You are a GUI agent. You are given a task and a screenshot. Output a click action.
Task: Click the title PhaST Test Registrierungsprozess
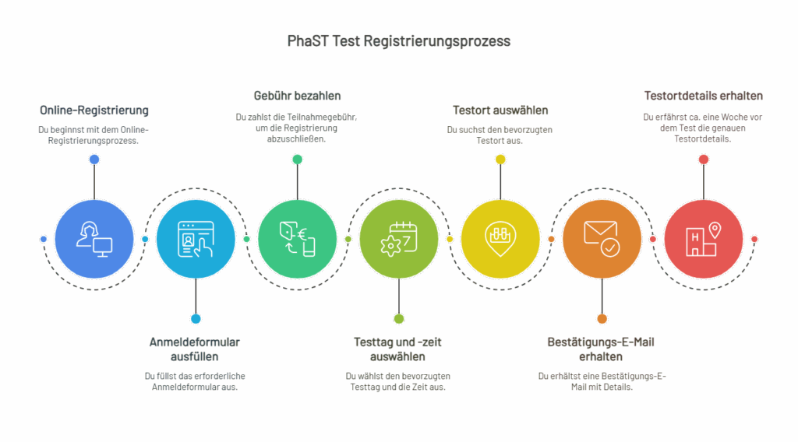(398, 40)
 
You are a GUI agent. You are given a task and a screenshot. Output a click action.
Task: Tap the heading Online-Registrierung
(94, 110)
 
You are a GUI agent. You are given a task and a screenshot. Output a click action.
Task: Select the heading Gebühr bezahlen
(297, 96)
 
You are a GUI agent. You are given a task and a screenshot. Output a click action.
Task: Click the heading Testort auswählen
(500, 110)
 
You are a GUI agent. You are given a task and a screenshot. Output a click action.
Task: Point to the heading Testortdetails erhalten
(704, 96)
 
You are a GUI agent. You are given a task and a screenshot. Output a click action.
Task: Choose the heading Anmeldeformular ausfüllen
(194, 349)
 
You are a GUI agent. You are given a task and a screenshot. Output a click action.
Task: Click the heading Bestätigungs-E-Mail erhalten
(601, 349)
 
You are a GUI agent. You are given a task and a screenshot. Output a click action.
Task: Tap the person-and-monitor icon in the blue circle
(94, 240)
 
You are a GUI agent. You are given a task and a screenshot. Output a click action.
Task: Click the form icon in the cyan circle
(196, 240)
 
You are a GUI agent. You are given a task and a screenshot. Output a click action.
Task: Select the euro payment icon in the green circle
(297, 240)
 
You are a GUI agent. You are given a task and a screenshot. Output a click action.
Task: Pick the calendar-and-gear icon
(399, 240)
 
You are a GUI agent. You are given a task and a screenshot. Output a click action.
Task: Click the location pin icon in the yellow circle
(500, 239)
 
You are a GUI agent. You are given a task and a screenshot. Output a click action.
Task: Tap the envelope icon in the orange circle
(602, 239)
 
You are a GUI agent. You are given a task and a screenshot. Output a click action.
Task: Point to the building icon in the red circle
(704, 240)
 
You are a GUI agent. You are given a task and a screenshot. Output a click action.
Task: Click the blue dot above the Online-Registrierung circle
(94, 160)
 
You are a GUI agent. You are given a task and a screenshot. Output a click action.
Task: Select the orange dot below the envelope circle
(602, 319)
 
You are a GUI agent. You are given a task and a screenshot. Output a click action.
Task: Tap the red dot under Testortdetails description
(704, 160)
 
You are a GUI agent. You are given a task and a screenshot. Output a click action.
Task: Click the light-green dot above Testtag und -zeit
(399, 319)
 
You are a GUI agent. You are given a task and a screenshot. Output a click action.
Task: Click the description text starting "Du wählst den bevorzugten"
(398, 381)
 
